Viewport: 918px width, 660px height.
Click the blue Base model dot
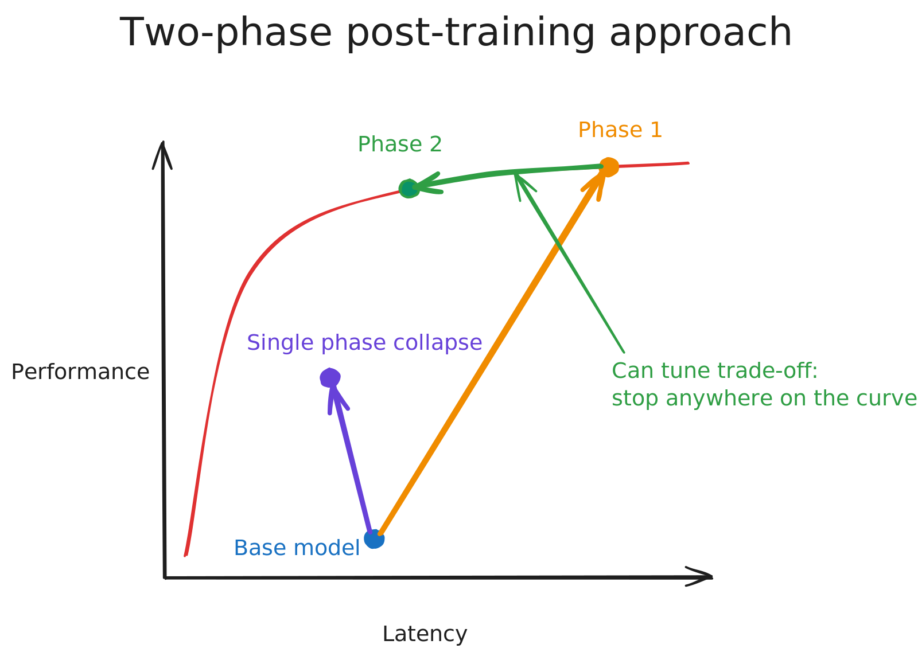[374, 538]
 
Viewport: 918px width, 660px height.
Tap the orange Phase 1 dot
[609, 167]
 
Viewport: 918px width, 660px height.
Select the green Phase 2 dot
[409, 188]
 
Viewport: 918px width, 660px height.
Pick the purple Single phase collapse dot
[330, 378]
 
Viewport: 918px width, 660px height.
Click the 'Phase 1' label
[620, 130]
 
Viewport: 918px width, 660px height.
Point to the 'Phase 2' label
[400, 145]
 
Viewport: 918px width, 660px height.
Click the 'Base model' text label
[297, 548]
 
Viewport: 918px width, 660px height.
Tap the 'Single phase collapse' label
[364, 343]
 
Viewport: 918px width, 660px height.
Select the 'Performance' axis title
[80, 372]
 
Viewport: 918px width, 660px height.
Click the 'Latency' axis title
[425, 634]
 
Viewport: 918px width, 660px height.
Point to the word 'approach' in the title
[701, 33]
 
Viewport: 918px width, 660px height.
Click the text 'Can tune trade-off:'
[715, 371]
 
